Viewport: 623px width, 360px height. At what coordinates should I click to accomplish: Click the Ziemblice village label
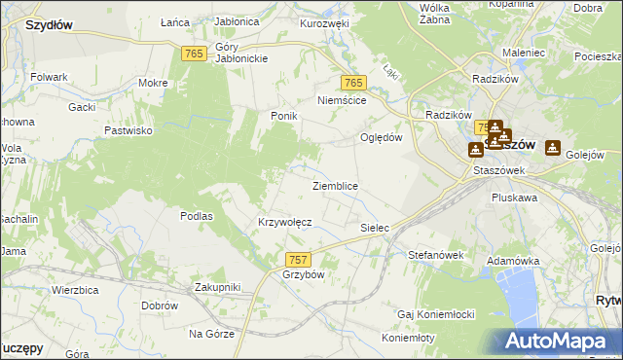coord(335,186)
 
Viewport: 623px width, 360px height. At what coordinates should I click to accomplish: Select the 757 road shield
coord(299,259)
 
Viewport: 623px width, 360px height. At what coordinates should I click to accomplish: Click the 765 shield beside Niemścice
coord(352,84)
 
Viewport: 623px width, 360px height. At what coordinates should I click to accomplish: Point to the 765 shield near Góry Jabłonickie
coord(193,54)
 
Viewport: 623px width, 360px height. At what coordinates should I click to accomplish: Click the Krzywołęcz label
coord(284,222)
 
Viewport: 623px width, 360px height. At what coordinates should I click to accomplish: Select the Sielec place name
coord(375,228)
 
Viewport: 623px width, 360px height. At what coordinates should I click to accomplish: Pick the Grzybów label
coord(303,274)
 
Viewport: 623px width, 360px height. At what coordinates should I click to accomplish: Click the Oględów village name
coord(382,137)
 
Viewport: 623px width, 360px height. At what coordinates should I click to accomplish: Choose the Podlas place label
coord(197,216)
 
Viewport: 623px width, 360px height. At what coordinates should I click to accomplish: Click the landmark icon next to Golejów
coord(554,147)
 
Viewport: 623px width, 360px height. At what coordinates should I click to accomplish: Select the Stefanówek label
coord(434,255)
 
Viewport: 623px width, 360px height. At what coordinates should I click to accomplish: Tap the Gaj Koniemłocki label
coord(435,315)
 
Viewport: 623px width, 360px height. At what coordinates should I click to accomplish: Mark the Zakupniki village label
coord(217,287)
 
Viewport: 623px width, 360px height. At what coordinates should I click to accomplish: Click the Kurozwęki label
coord(324,22)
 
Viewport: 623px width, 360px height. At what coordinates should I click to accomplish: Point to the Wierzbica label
coord(78,289)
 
